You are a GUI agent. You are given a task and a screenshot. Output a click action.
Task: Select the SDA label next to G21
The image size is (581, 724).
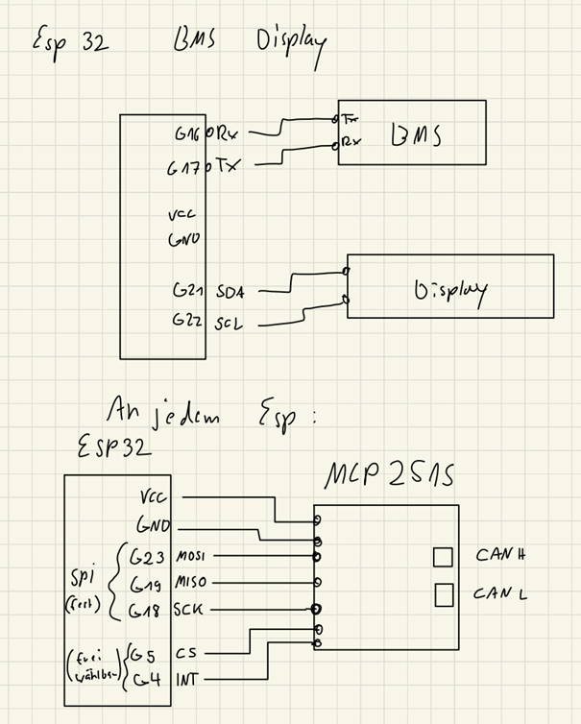click(231, 291)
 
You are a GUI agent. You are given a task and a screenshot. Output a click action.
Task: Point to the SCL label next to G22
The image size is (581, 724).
click(230, 324)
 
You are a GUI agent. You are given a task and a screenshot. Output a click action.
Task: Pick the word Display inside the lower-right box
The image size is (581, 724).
click(449, 289)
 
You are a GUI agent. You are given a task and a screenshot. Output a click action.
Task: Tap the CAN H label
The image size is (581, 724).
click(500, 555)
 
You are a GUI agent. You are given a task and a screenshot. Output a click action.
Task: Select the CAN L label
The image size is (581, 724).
click(500, 593)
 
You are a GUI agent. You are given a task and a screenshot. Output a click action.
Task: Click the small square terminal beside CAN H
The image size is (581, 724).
click(443, 557)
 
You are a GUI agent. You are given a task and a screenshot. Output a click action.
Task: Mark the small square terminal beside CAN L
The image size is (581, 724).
click(443, 595)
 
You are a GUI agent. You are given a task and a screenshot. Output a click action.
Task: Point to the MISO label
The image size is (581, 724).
click(192, 583)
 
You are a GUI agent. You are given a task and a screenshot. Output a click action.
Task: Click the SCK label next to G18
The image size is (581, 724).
click(188, 610)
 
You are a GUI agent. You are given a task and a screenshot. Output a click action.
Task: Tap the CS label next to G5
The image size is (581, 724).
click(187, 653)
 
